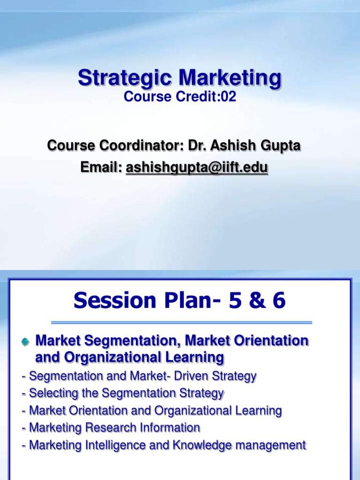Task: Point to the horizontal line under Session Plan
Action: click(181, 322)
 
